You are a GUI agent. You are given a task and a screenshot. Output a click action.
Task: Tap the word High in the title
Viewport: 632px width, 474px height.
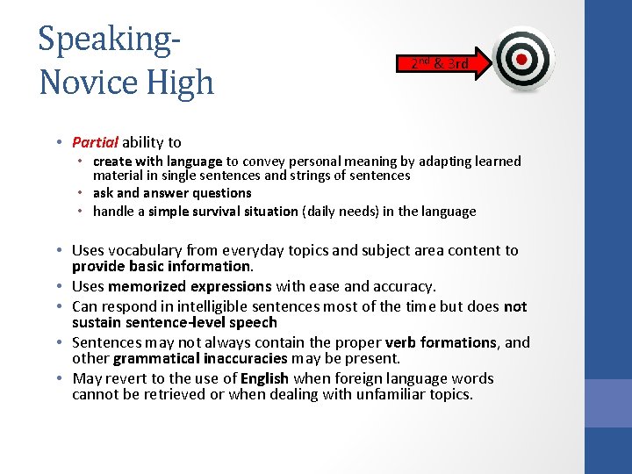coord(179,83)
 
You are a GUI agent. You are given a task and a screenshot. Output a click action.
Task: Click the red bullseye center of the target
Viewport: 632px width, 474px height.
coord(522,59)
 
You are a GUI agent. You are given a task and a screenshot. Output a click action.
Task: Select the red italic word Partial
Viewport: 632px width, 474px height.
coord(95,142)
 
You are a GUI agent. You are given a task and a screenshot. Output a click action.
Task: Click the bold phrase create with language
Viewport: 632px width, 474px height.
coord(158,161)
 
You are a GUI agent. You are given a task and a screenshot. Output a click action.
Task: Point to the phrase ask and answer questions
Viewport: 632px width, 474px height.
coord(172,193)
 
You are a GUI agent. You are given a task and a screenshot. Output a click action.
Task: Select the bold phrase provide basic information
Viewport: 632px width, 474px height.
coord(162,266)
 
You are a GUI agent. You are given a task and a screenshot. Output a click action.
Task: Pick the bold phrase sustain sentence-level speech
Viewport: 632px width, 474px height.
coord(174,322)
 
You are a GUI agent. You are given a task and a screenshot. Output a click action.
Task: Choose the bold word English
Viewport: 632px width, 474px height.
coord(265,378)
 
